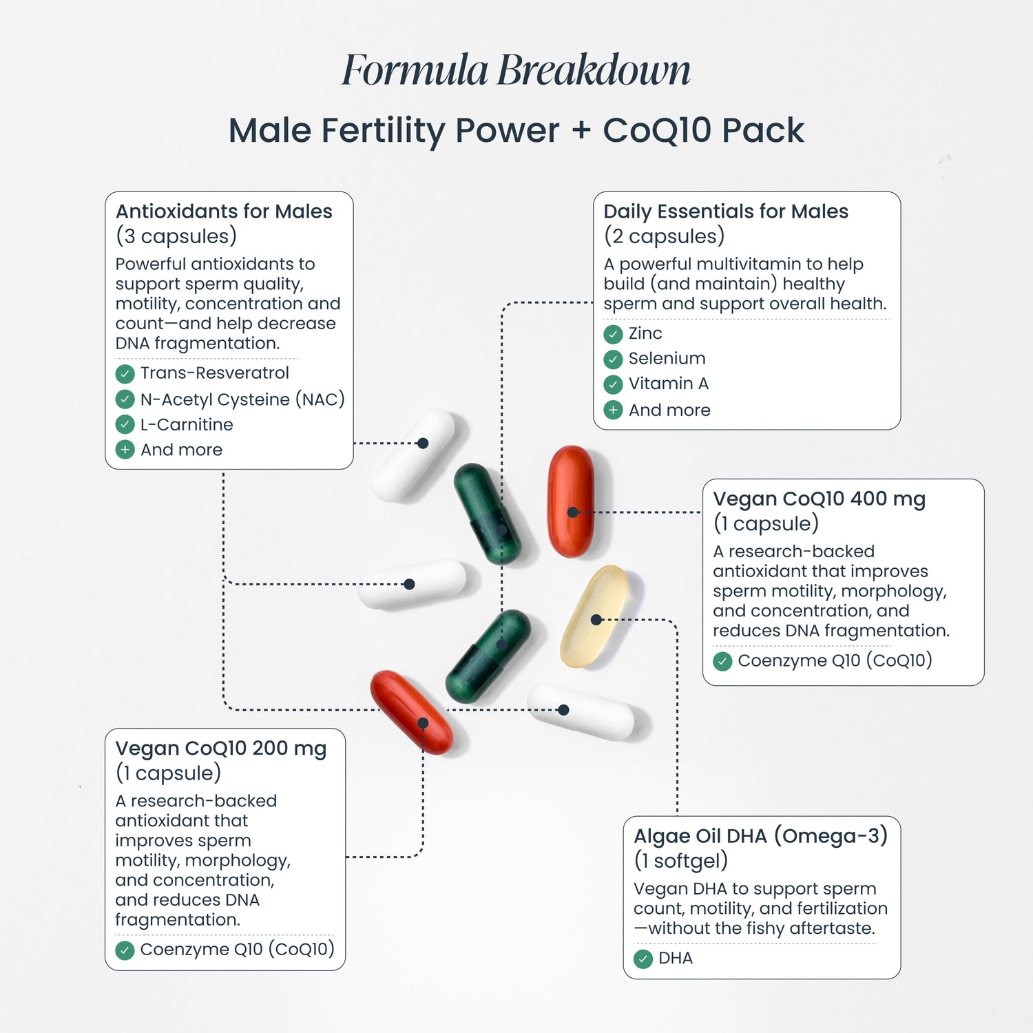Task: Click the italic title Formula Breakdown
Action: [x=516, y=70]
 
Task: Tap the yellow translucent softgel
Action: [x=594, y=616]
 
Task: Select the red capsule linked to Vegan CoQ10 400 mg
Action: [x=571, y=501]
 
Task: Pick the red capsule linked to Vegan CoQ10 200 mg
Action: [x=412, y=712]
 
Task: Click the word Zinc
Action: [x=645, y=334]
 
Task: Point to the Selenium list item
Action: [x=667, y=359]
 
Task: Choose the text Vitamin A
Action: [x=668, y=384]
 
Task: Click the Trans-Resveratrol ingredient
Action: [x=214, y=373]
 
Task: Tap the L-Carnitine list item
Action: [x=187, y=425]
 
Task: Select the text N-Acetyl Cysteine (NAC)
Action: [x=242, y=399]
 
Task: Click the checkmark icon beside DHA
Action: [x=643, y=959]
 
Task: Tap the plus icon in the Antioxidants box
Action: [x=125, y=450]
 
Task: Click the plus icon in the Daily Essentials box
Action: [x=613, y=410]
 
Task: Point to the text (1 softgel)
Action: [x=680, y=861]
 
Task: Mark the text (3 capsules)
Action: [x=176, y=236]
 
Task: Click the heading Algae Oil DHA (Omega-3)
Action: [x=760, y=836]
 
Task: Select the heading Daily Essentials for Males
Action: [x=726, y=211]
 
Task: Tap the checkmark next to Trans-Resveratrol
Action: [x=125, y=374]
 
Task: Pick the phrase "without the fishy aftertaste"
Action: [x=761, y=928]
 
